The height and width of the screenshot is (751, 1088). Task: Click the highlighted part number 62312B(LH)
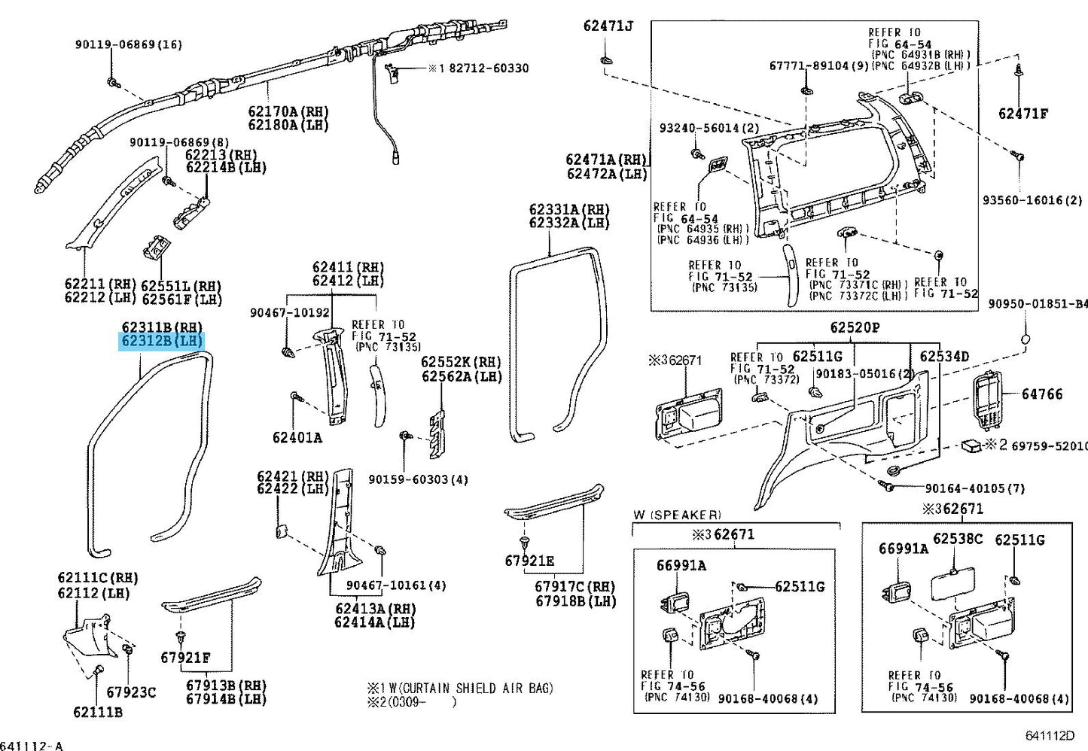click(162, 342)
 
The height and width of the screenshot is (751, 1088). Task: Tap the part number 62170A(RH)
click(288, 111)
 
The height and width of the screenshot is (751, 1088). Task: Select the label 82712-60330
click(489, 68)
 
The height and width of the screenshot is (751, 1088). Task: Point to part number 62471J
click(608, 26)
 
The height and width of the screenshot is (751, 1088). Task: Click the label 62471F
click(1023, 114)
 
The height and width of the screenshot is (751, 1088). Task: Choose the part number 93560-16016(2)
click(1032, 201)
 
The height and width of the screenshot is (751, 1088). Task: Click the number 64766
click(1042, 394)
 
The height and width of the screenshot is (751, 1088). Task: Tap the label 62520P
click(855, 328)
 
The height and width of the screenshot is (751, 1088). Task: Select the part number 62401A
click(297, 437)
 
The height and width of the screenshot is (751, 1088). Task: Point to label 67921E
click(529, 561)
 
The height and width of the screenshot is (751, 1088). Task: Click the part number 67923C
click(131, 692)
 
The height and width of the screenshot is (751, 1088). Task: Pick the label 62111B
click(98, 712)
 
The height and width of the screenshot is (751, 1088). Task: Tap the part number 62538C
click(958, 540)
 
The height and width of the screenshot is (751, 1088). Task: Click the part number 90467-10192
click(290, 312)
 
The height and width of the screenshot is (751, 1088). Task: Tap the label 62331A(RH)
click(568, 209)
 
